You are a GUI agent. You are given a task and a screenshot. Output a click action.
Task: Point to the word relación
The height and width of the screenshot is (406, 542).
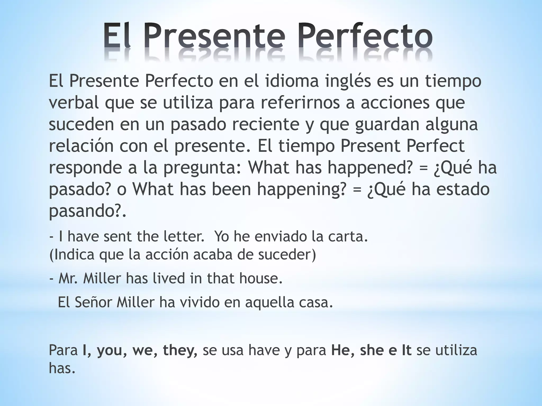coord(81,146)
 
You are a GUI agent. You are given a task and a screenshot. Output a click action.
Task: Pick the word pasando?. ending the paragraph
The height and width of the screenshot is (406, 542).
coord(88,211)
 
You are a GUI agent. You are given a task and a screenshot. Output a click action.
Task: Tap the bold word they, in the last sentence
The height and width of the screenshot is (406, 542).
coord(180,350)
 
